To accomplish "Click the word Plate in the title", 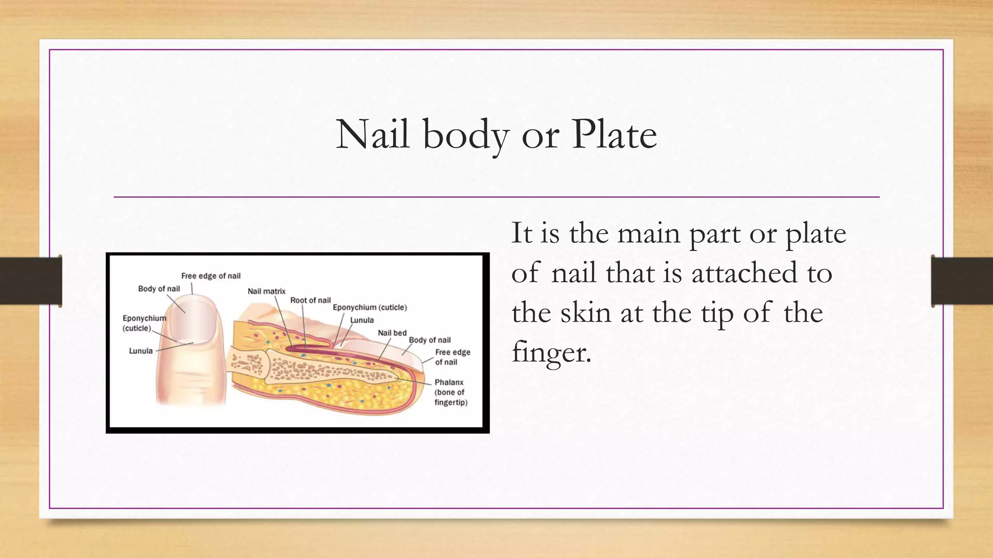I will pyautogui.click(x=614, y=135).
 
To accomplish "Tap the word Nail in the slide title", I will pyautogui.click(x=372, y=135).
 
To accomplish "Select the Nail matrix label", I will pyautogui.click(x=266, y=291).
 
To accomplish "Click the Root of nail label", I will pyautogui.click(x=310, y=300).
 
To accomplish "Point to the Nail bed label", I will pyautogui.click(x=392, y=333).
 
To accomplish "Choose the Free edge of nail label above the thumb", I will pyautogui.click(x=210, y=276).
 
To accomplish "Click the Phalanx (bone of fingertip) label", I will pyautogui.click(x=450, y=392).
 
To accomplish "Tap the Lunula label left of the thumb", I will pyautogui.click(x=141, y=351).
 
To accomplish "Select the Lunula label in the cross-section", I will pyautogui.click(x=362, y=320).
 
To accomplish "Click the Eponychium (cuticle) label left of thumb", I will pyautogui.click(x=144, y=323).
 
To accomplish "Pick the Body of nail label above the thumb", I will pyautogui.click(x=159, y=289).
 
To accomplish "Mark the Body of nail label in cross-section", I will pyautogui.click(x=430, y=340).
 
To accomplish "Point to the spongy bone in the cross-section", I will pyautogui.click(x=315, y=371).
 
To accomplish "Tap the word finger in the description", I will pyautogui.click(x=551, y=352).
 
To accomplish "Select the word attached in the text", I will pyautogui.click(x=744, y=273).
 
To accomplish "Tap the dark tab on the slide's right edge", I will pyautogui.click(x=962, y=281).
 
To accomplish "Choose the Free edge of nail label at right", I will pyautogui.click(x=452, y=357).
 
